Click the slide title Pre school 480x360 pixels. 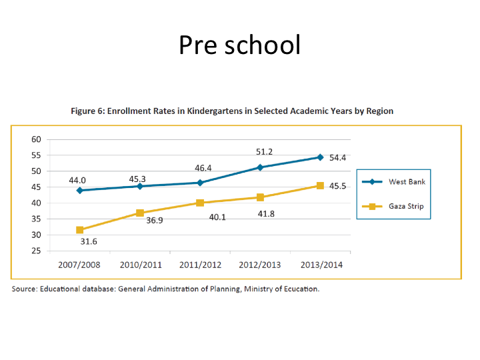pos(239,45)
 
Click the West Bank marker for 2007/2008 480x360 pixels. pos(80,190)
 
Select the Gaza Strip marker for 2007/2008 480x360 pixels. pos(80,230)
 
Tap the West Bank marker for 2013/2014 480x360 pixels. pos(320,157)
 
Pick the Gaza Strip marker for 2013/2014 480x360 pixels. pos(320,185)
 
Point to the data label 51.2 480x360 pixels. pos(264,152)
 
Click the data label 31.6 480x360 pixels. pos(89,241)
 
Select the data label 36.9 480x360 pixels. pos(155,219)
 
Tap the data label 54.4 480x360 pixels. pos(338,158)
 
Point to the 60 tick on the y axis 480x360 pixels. pos(36,139)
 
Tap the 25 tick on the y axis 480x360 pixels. pos(36,251)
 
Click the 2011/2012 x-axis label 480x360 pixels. pos(200,265)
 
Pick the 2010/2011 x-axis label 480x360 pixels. pos(140,265)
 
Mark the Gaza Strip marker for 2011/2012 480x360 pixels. pos(200,203)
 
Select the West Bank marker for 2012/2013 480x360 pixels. pos(260,167)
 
